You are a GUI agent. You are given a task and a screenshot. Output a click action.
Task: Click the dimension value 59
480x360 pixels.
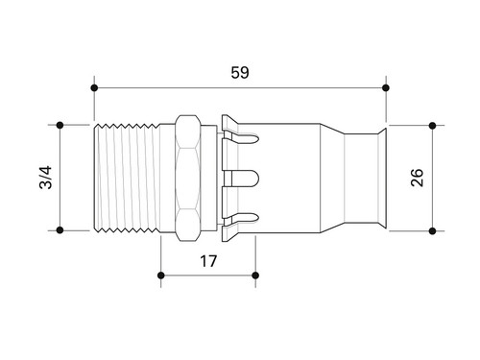pos(240,73)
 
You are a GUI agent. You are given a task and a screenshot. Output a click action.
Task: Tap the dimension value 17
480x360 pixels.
pos(208,261)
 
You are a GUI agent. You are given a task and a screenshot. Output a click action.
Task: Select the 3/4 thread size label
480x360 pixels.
pos(45,178)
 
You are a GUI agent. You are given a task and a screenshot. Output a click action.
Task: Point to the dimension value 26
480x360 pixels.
pos(417,178)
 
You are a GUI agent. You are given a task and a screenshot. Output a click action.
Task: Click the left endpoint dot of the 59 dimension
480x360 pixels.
pos(94,87)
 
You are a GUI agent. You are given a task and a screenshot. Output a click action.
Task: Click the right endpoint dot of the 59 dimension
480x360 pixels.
pos(386,87)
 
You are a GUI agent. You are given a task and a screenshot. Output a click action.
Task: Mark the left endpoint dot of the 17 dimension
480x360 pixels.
pos(161,276)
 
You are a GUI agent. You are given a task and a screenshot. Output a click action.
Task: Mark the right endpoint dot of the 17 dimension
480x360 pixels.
pos(255,276)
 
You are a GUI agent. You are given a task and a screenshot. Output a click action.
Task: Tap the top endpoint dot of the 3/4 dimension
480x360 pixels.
pos(60,125)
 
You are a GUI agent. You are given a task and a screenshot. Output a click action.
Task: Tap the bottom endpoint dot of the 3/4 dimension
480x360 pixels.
pos(60,229)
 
